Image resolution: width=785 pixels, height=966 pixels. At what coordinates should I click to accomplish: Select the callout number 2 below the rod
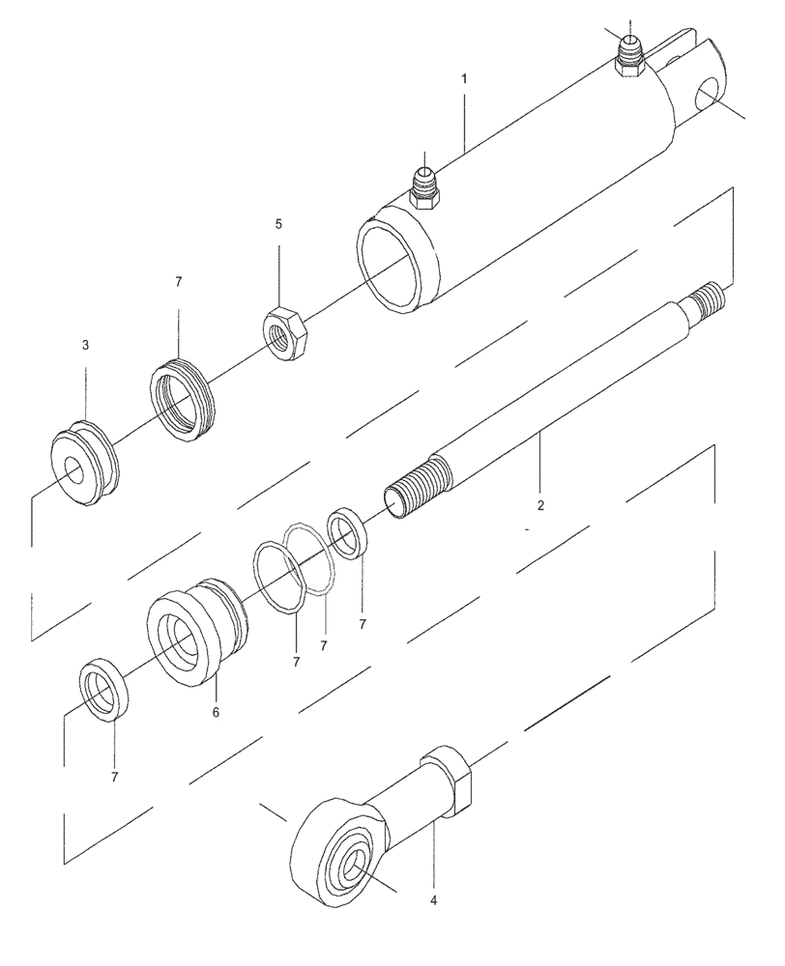tap(540, 505)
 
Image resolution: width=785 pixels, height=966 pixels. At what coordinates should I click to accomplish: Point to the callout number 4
tap(433, 900)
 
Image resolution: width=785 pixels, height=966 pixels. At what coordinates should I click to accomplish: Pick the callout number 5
tap(278, 224)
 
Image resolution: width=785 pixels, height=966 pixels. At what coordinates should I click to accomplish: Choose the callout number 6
tap(216, 712)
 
